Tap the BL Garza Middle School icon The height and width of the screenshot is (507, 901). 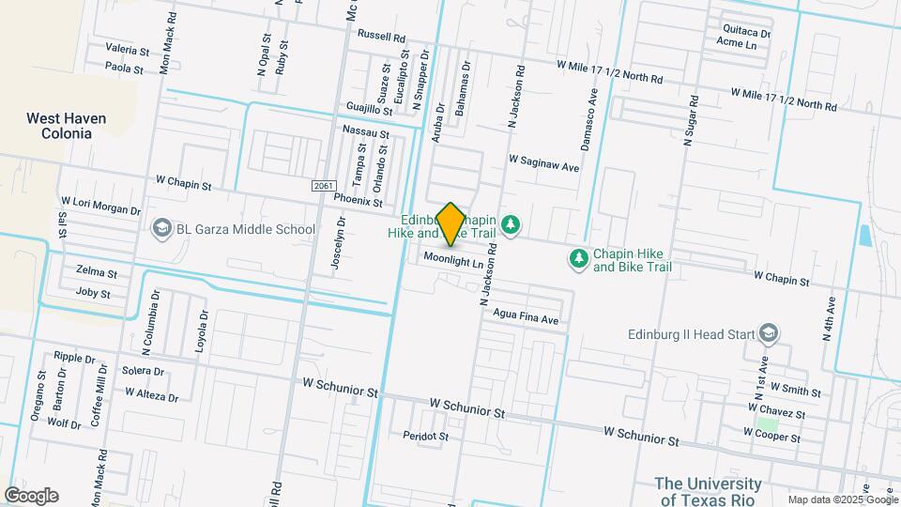(x=160, y=229)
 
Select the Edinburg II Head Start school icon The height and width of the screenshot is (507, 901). (x=769, y=333)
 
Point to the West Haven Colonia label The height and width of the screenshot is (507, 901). (x=66, y=126)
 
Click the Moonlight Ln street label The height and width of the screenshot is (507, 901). (x=452, y=259)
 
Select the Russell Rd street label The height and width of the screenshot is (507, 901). (x=381, y=37)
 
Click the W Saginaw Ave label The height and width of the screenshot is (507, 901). (x=544, y=161)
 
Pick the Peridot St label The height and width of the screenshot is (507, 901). (x=426, y=437)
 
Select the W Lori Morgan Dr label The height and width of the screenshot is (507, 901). (x=100, y=201)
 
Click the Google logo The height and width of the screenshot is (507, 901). (x=31, y=495)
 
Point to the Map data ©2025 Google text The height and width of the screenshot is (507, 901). (x=843, y=499)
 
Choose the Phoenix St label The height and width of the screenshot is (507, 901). (x=358, y=201)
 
